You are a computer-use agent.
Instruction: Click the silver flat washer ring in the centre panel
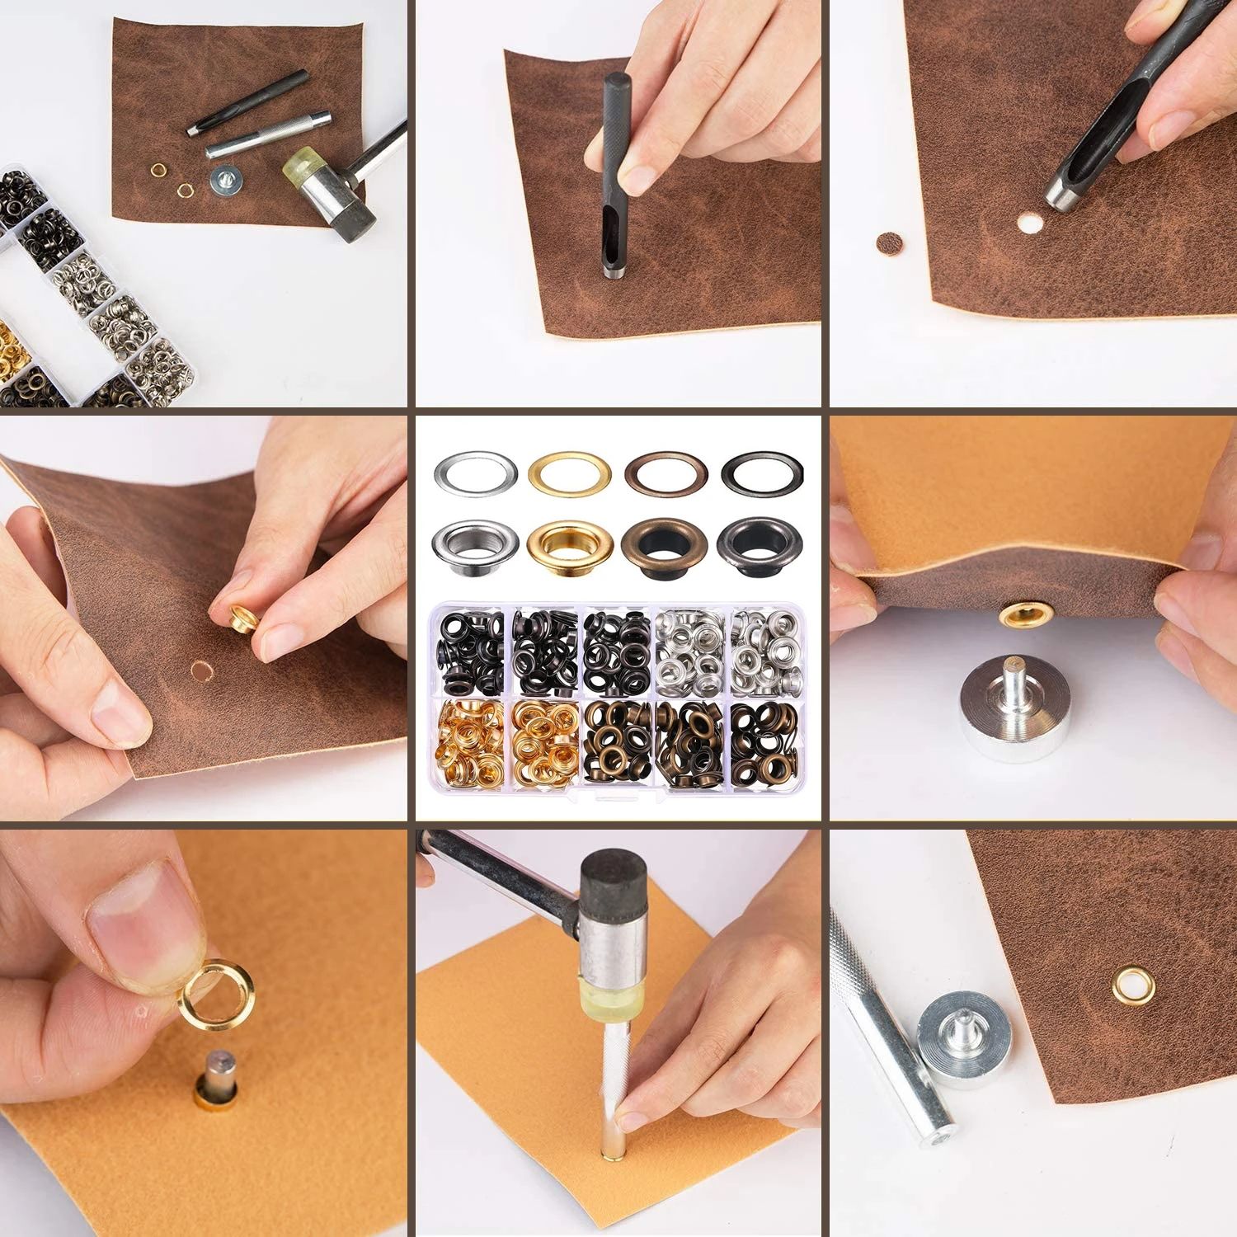click(474, 473)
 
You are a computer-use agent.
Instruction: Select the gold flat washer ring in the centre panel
click(569, 473)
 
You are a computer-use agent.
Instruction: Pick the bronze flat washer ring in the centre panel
click(665, 473)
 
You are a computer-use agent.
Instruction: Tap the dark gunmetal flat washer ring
click(762, 473)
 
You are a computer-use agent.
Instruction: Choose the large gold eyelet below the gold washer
click(569, 546)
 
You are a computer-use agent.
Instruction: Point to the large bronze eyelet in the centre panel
click(665, 546)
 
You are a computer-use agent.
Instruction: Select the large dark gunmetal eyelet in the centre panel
click(762, 546)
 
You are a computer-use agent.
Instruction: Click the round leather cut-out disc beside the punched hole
click(887, 242)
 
